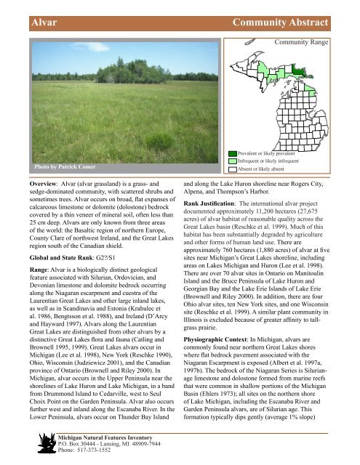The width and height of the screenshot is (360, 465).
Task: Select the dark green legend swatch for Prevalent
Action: pos(233,153)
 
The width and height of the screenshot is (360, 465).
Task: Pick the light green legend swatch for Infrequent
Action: pos(233,161)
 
